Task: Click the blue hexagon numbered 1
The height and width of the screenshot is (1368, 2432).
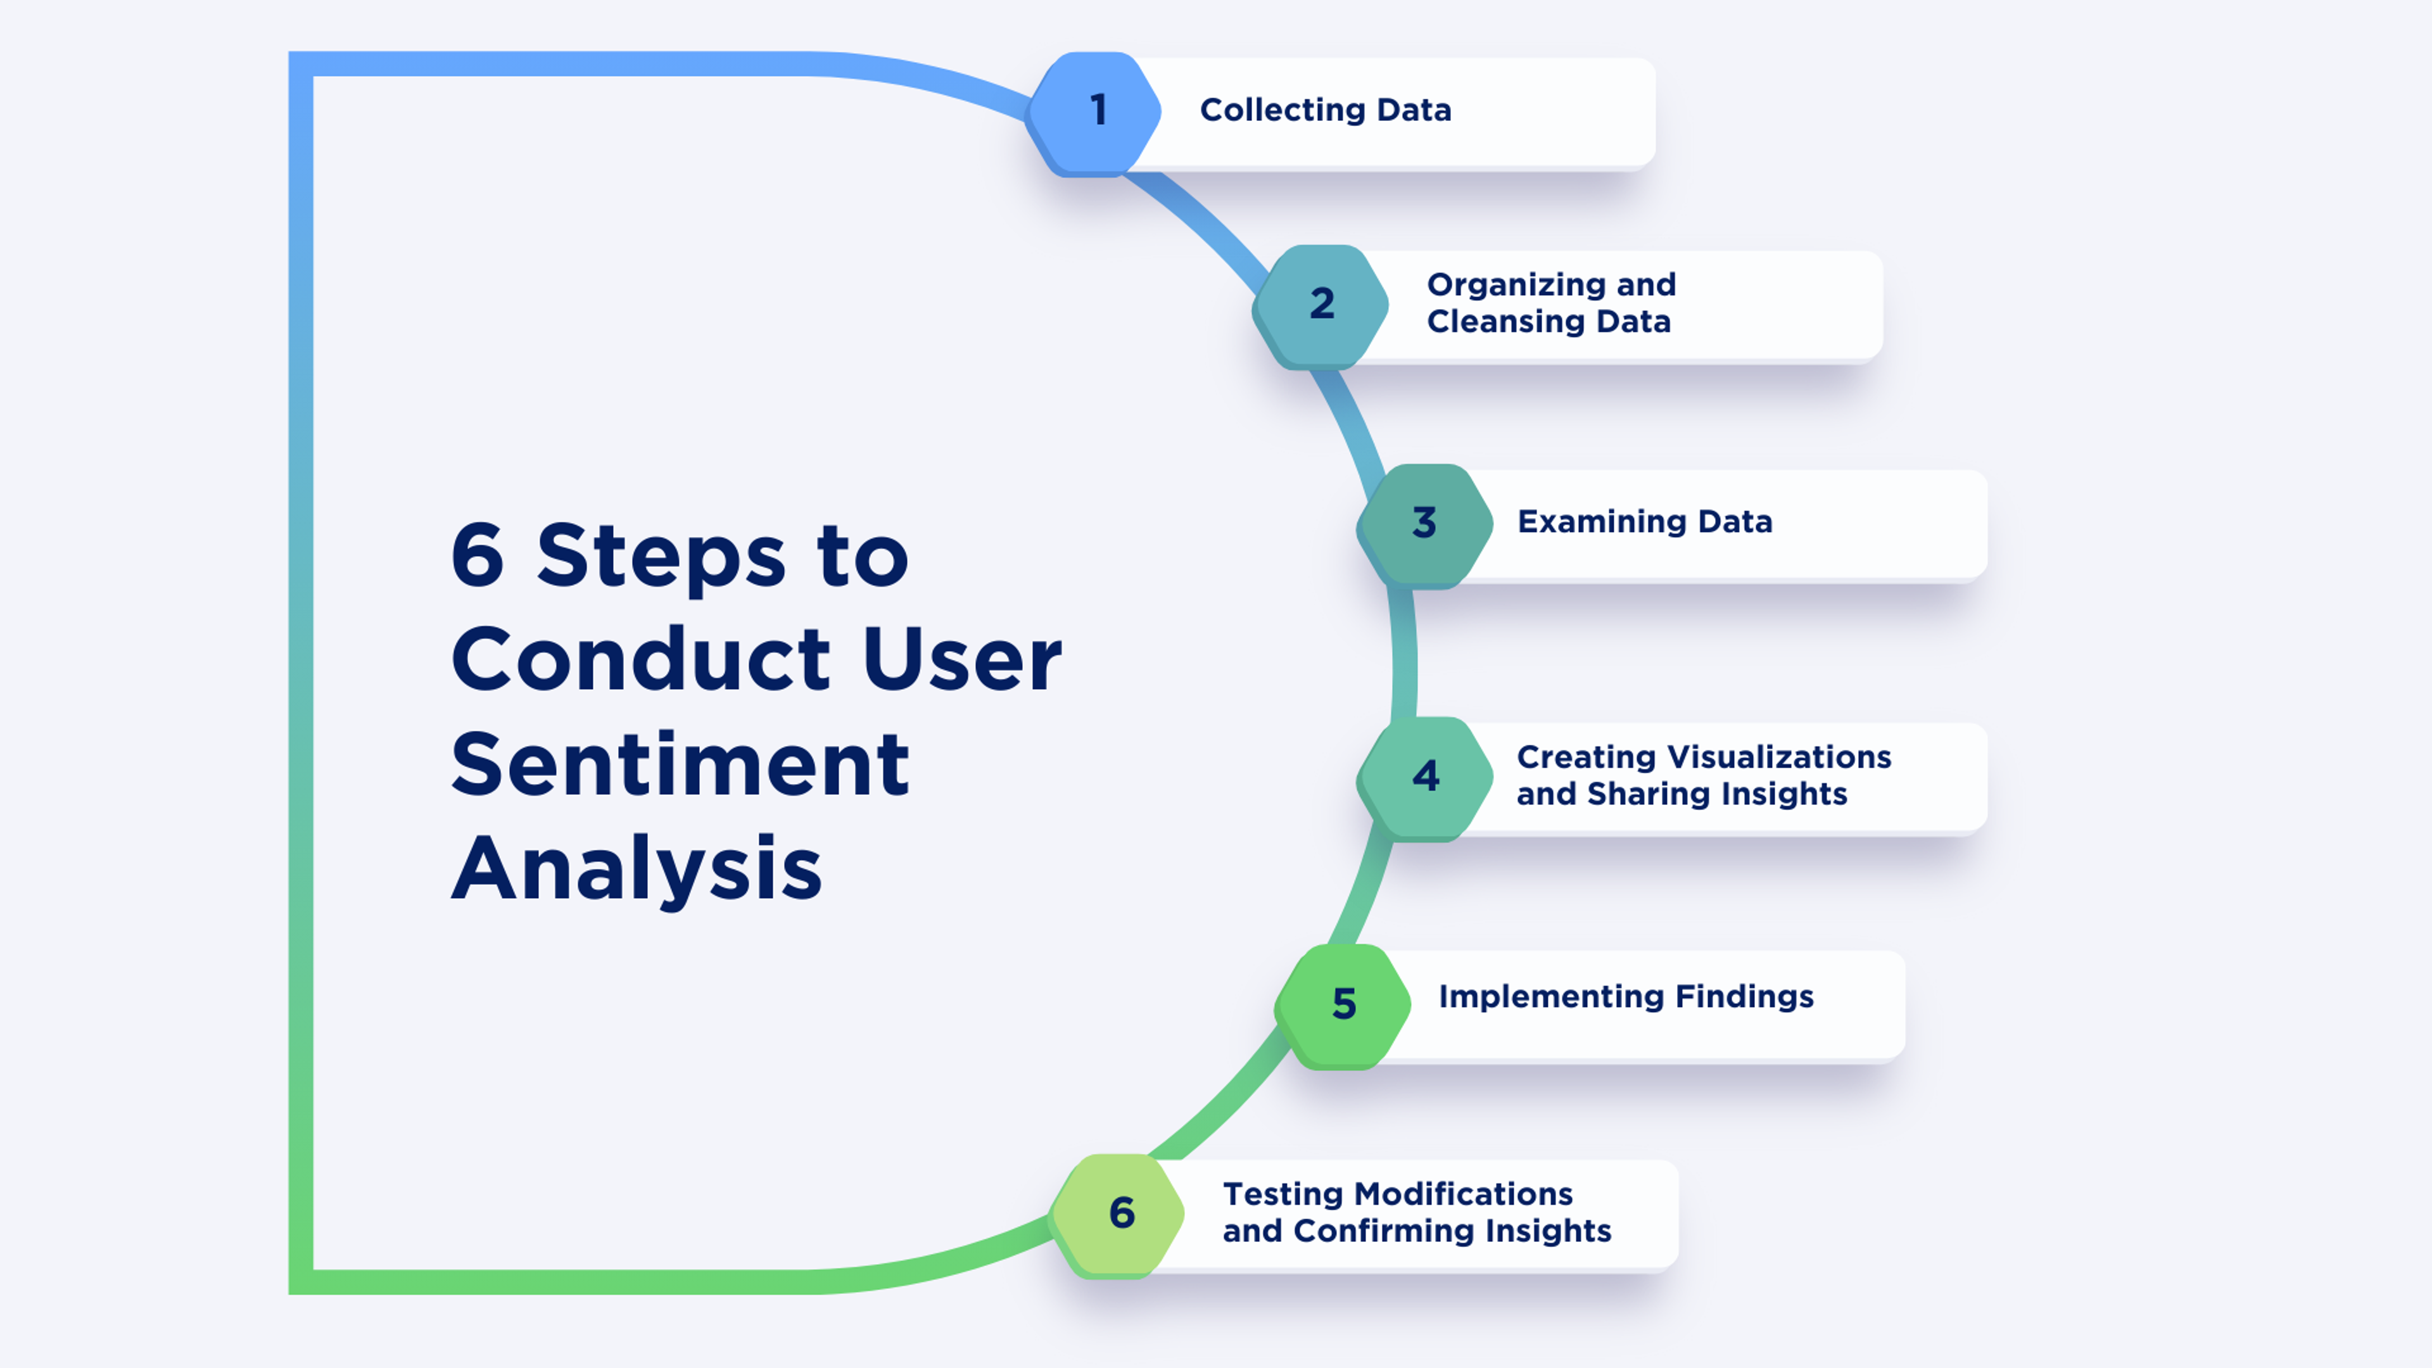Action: pos(1095,111)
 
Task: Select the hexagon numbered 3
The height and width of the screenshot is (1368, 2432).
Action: pos(1424,524)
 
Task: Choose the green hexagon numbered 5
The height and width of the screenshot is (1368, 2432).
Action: pos(1343,1004)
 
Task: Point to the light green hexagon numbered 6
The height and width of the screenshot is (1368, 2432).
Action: pos(1120,1214)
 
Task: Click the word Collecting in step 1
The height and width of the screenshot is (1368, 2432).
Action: pos(1282,110)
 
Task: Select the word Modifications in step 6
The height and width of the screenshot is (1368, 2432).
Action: pos(1464,1194)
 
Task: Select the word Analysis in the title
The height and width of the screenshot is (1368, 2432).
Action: pos(636,870)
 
